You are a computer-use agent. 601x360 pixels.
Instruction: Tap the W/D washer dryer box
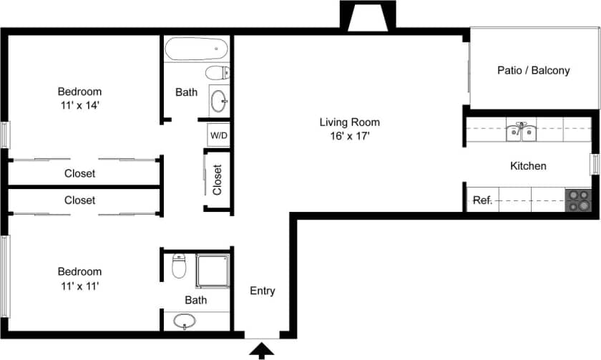point(218,135)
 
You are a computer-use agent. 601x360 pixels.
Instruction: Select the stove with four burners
point(577,200)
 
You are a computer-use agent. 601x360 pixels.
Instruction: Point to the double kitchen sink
point(522,131)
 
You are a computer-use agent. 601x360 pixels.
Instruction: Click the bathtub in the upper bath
point(197,50)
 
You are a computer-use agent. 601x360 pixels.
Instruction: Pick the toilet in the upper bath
point(218,72)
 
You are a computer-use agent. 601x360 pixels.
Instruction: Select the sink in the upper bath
point(220,99)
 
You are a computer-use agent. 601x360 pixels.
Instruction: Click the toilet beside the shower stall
point(179,266)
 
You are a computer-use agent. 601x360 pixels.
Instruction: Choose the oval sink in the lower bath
point(185,321)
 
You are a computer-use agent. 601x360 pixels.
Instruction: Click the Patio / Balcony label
point(533,70)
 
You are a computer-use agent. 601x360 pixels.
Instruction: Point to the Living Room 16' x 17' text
point(349,128)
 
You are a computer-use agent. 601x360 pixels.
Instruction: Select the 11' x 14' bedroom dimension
point(79,105)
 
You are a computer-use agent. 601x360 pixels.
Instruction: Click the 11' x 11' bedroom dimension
point(79,286)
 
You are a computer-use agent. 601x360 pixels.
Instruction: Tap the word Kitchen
point(528,166)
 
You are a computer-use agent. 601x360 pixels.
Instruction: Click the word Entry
point(263,291)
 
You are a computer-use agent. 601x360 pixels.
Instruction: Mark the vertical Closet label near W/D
point(218,180)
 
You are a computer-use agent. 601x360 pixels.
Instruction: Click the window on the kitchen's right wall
point(594,164)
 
